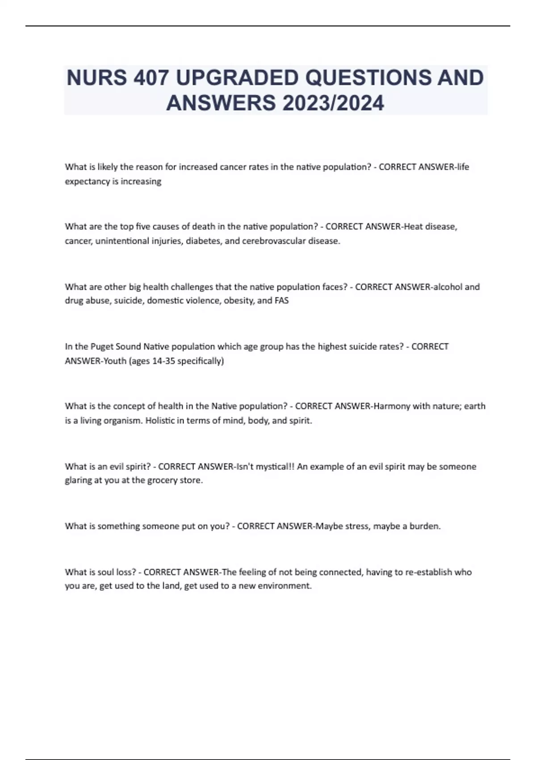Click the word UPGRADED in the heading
click(231, 78)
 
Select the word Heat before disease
click(413, 227)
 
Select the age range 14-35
click(164, 361)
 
